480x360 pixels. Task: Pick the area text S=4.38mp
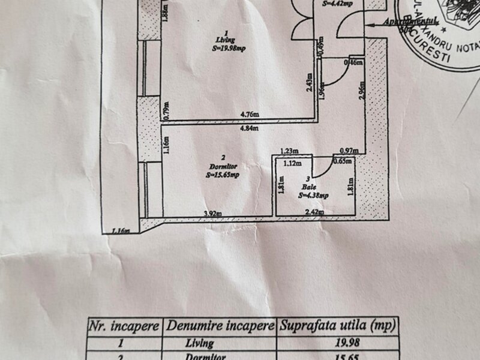coord(313,195)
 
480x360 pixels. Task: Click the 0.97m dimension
coord(350,151)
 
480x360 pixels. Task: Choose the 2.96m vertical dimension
coord(361,94)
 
